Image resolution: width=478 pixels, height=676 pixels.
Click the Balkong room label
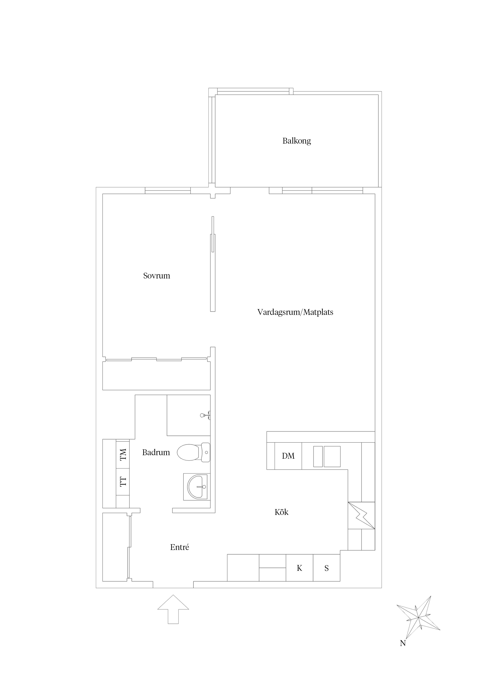[297, 141]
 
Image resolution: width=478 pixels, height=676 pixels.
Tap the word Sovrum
[157, 276]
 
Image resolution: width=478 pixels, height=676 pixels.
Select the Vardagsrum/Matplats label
[295, 312]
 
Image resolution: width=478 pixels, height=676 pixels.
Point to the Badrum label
[156, 452]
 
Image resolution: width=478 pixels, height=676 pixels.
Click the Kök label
[282, 512]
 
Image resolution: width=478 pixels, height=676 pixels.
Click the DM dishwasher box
[288, 456]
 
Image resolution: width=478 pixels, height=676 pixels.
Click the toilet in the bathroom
[194, 452]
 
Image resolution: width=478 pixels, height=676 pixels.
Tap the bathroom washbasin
[197, 487]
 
